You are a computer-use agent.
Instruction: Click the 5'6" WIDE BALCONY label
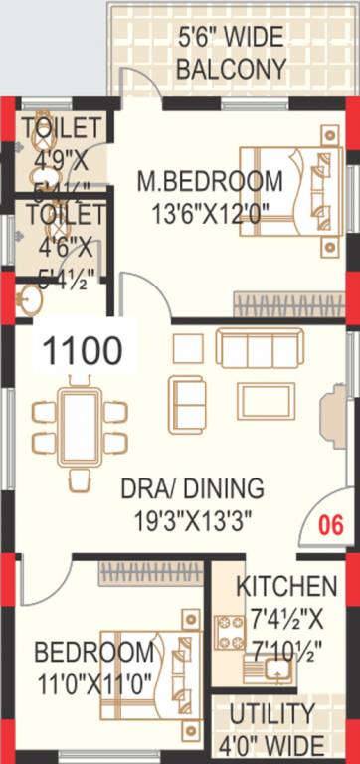click(231, 54)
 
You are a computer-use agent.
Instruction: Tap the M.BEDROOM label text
click(209, 182)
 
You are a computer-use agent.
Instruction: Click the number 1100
click(84, 350)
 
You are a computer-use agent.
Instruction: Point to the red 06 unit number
click(331, 525)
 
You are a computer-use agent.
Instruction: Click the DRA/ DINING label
click(192, 489)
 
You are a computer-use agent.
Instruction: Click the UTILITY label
click(271, 714)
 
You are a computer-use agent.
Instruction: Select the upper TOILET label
click(62, 127)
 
